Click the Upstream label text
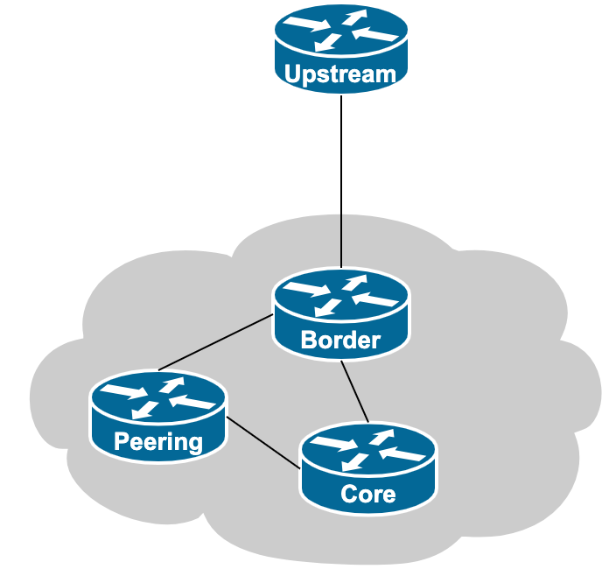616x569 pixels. tap(340, 74)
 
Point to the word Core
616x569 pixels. tap(368, 494)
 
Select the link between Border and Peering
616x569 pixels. tap(215, 342)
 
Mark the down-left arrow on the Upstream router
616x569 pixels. tap(329, 41)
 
